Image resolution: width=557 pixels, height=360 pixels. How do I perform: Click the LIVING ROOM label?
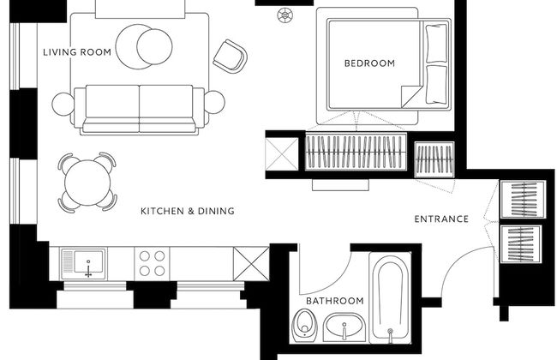(78, 52)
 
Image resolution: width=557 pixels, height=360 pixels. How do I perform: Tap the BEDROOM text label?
(369, 63)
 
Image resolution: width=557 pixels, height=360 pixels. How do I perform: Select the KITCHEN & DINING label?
(188, 211)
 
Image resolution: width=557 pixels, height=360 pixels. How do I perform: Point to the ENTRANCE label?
(441, 219)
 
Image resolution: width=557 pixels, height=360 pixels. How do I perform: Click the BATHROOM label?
(335, 302)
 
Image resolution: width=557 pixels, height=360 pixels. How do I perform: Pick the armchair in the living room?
(230, 55)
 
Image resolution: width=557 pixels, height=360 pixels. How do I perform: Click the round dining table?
(86, 182)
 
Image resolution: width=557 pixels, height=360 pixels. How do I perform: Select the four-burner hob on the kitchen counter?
(152, 262)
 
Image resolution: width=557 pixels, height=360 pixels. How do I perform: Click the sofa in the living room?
(139, 107)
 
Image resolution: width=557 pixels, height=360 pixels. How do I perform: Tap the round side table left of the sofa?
(64, 104)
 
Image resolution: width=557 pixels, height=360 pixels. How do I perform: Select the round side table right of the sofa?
(213, 103)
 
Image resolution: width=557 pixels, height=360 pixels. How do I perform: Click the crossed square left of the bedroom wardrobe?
(282, 154)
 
